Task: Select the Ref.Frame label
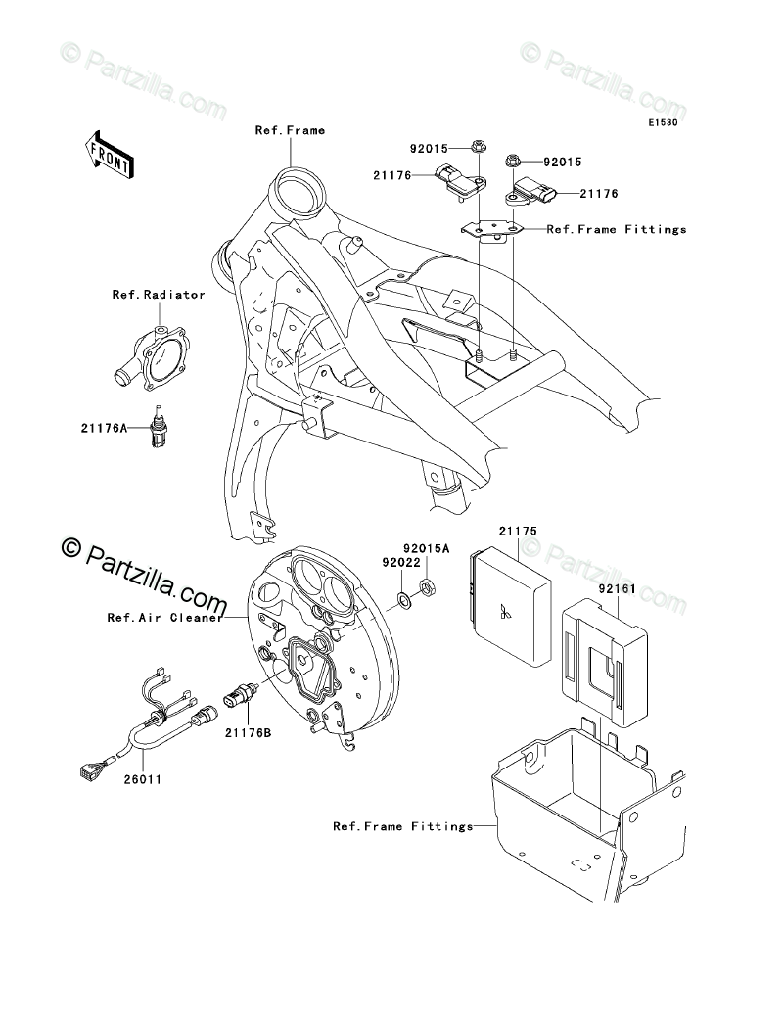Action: tap(290, 130)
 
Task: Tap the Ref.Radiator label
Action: tap(159, 294)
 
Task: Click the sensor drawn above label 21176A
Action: tap(154, 427)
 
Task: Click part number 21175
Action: tap(517, 532)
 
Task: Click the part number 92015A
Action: tap(428, 548)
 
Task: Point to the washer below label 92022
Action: tap(404, 598)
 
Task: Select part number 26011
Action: tap(143, 780)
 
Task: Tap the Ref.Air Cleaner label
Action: tap(164, 618)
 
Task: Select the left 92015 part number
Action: tap(428, 149)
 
